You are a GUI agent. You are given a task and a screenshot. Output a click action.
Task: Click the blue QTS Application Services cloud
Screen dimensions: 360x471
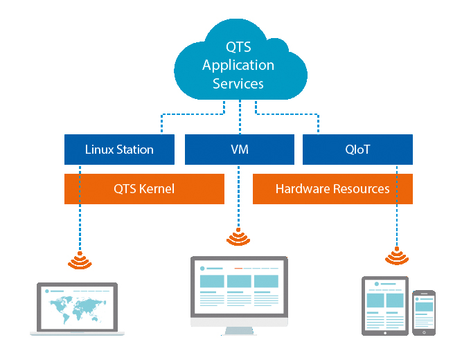pyautogui.click(x=238, y=66)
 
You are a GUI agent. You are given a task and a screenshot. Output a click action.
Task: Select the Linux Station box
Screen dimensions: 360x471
pyautogui.click(x=119, y=150)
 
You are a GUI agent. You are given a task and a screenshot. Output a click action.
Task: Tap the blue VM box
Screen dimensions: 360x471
pyautogui.click(x=240, y=150)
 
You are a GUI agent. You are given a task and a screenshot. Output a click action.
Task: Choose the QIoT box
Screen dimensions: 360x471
pyautogui.click(x=357, y=150)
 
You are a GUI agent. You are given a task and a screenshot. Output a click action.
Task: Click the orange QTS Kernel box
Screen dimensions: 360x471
pyautogui.click(x=144, y=189)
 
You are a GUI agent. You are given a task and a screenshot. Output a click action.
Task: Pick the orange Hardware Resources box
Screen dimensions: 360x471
pyautogui.click(x=332, y=189)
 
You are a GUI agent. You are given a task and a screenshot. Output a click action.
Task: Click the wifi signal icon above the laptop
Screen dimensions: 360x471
pyautogui.click(x=79, y=260)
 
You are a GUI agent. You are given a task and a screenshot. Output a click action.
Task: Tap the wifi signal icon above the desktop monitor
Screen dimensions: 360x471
pyautogui.click(x=238, y=238)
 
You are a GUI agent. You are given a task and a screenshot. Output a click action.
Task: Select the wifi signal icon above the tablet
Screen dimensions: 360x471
pyautogui.click(x=397, y=257)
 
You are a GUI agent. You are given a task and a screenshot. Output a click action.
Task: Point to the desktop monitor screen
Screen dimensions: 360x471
pyautogui.click(x=238, y=286)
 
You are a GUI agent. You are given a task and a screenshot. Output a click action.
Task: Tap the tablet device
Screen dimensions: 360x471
pyautogui.click(x=384, y=305)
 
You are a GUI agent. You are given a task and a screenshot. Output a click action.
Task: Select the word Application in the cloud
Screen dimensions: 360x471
pyautogui.click(x=238, y=66)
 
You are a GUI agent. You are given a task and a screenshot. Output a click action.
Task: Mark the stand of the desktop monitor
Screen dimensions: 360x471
pyautogui.click(x=238, y=327)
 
